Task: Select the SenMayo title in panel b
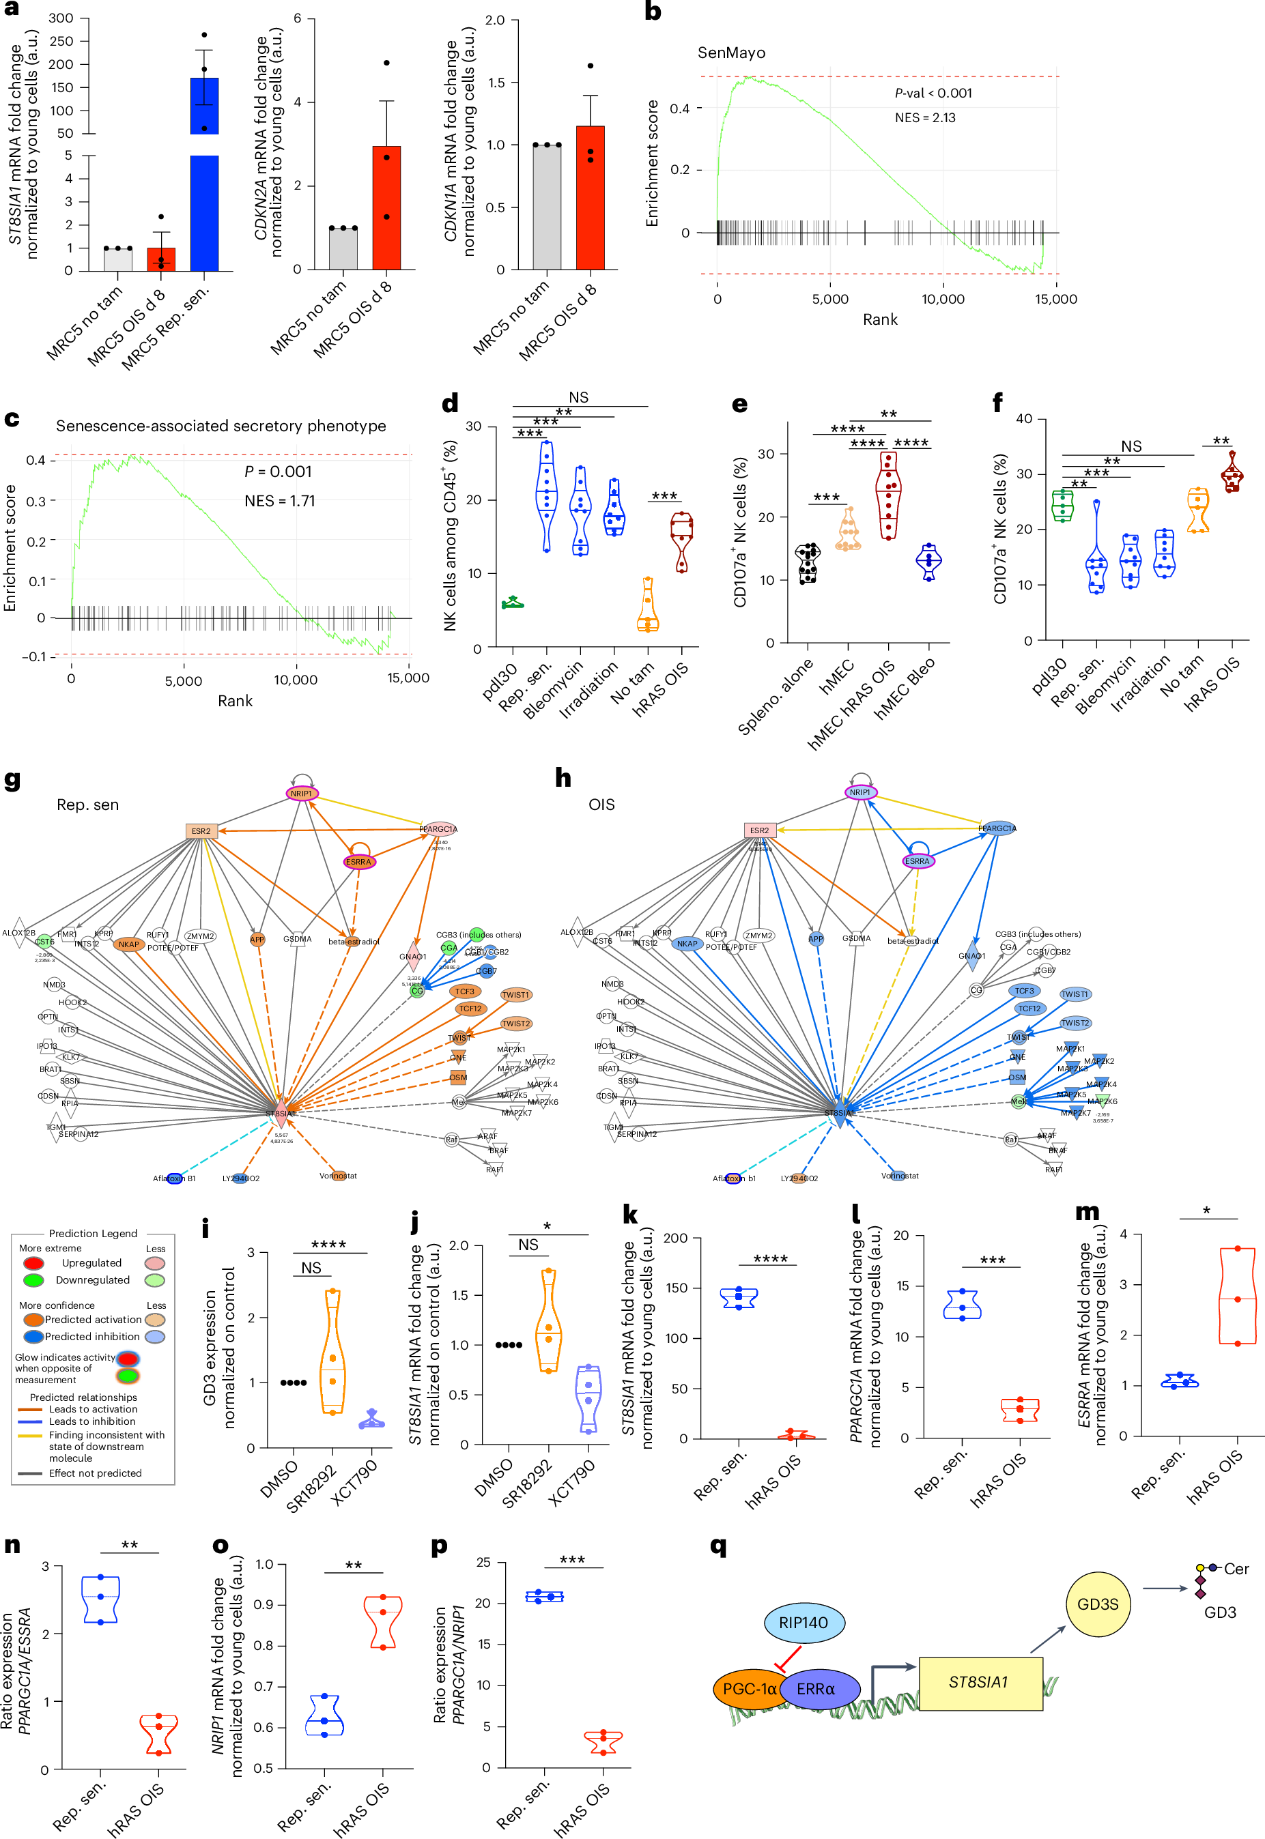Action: point(730,53)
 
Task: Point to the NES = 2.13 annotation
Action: point(925,118)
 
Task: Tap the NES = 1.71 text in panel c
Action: point(280,501)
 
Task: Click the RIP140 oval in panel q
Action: point(803,1622)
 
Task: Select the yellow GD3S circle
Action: point(1097,1604)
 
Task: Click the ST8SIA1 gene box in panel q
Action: point(980,1681)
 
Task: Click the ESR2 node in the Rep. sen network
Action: point(201,831)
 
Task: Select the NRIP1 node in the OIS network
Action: point(859,792)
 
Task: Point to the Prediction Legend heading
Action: point(93,1233)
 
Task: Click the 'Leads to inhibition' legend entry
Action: point(92,1421)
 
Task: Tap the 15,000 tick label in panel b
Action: point(1055,299)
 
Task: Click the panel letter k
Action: point(630,1214)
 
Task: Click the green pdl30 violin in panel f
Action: point(1062,506)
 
